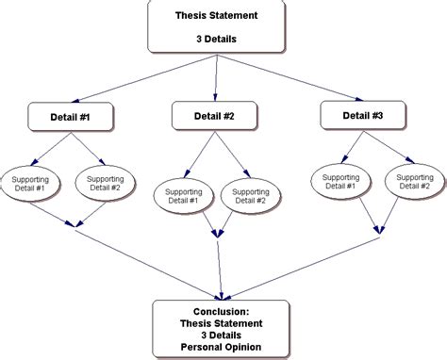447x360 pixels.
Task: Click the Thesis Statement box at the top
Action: (x=218, y=27)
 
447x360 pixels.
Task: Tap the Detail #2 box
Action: (x=216, y=115)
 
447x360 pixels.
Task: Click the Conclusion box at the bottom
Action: (x=221, y=329)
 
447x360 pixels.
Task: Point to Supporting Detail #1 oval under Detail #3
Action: (x=339, y=183)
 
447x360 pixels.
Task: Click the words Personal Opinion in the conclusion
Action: (x=221, y=348)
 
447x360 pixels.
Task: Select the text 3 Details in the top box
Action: (x=218, y=39)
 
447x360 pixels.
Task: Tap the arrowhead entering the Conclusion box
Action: (x=221, y=293)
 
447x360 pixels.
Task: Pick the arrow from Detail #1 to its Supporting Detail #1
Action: (x=52, y=147)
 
